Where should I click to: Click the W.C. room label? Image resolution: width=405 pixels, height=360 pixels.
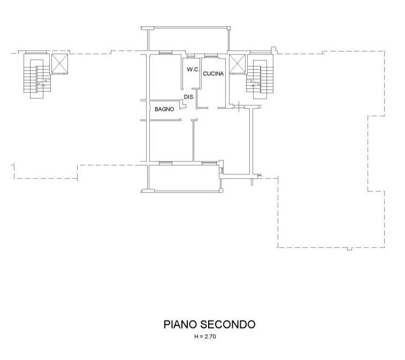(193, 70)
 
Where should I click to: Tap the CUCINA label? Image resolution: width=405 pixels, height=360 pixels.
(213, 74)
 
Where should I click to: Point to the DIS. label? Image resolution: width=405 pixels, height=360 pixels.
(189, 97)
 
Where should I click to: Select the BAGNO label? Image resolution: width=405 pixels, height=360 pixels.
(164, 109)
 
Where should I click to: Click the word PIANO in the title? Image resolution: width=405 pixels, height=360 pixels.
(180, 324)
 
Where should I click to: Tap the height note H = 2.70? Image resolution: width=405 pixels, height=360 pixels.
(205, 336)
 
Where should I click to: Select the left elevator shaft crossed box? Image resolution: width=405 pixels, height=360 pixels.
(60, 64)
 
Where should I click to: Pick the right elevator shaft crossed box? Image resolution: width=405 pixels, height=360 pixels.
(238, 64)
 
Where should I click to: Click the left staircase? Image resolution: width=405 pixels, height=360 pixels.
(37, 76)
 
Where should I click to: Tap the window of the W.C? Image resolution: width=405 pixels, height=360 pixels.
(190, 56)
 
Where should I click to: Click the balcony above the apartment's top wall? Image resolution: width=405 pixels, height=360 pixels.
(185, 39)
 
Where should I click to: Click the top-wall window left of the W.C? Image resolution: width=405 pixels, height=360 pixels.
(165, 52)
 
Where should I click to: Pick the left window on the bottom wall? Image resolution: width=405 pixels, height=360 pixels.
(165, 163)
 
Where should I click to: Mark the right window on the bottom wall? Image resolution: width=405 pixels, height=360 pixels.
(209, 163)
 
